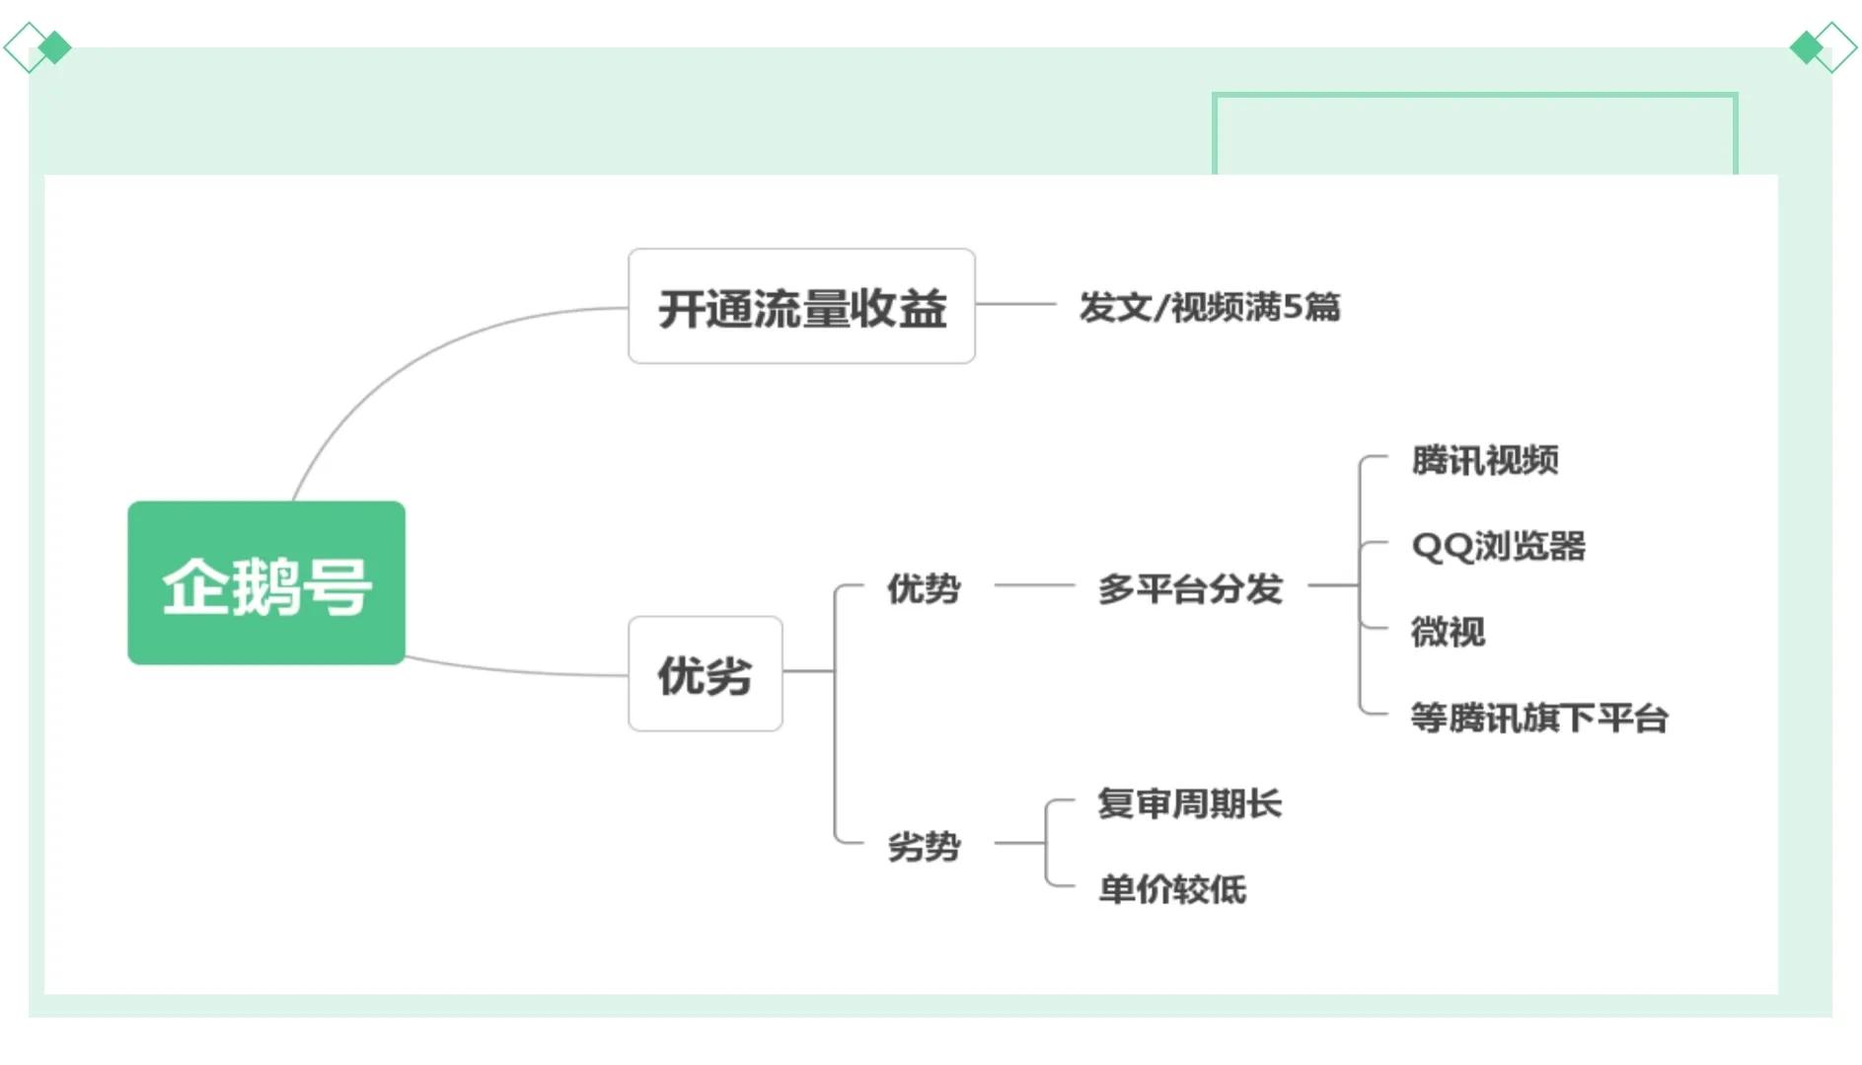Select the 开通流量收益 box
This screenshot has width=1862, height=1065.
pyautogui.click(x=800, y=307)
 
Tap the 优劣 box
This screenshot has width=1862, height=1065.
pyautogui.click(x=705, y=675)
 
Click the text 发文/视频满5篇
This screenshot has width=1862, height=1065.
pyautogui.click(x=1209, y=307)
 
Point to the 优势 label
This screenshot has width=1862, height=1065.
pyautogui.click(x=923, y=588)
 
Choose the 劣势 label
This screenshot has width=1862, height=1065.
pyautogui.click(x=923, y=846)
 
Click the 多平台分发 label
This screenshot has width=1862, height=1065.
pyautogui.click(x=1189, y=588)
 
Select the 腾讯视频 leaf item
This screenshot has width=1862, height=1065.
pyautogui.click(x=1484, y=460)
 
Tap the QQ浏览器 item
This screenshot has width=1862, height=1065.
pyautogui.click(x=1498, y=546)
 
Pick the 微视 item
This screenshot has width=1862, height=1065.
pyautogui.click(x=1447, y=632)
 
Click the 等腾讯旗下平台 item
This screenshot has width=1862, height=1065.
pyautogui.click(x=1538, y=718)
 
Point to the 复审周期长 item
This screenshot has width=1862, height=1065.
pyautogui.click(x=1189, y=803)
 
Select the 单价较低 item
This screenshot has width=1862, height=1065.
pyautogui.click(x=1171, y=889)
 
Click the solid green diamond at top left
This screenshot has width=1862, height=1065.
pyautogui.click(x=55, y=47)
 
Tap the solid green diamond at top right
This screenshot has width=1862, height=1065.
pyautogui.click(x=1806, y=47)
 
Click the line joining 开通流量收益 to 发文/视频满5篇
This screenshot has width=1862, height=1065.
pyautogui.click(x=1015, y=304)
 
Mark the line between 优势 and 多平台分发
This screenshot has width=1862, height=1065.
pyautogui.click(x=1033, y=585)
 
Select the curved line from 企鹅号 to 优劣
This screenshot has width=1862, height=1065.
pyautogui.click(x=513, y=671)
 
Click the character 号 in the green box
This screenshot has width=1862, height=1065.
pyautogui.click(x=337, y=586)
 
